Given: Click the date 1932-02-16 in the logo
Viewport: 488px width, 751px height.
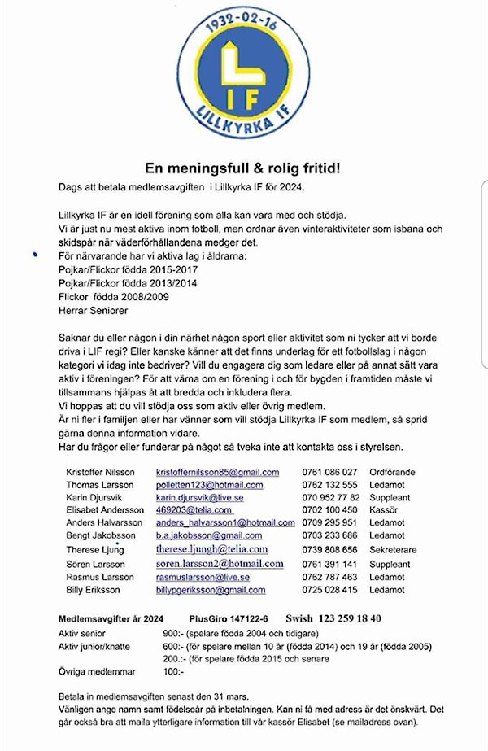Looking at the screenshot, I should click(243, 23).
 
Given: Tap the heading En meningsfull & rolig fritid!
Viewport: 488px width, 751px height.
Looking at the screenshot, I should click(242, 168).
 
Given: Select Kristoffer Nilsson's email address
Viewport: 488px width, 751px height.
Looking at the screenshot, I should click(217, 472).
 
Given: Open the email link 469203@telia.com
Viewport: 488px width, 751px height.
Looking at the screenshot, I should click(188, 510).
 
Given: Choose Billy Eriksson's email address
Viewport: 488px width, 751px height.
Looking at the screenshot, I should click(211, 590).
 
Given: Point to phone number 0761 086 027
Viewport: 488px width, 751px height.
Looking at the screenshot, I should click(329, 472).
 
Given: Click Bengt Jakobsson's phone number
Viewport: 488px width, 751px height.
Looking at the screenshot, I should click(329, 536).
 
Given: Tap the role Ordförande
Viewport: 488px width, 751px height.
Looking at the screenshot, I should click(392, 472).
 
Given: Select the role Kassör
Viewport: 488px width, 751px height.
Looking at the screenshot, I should click(383, 510).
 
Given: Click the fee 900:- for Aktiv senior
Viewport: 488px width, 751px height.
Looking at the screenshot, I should click(174, 633).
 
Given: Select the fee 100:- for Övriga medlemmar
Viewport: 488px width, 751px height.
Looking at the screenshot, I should click(174, 672).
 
